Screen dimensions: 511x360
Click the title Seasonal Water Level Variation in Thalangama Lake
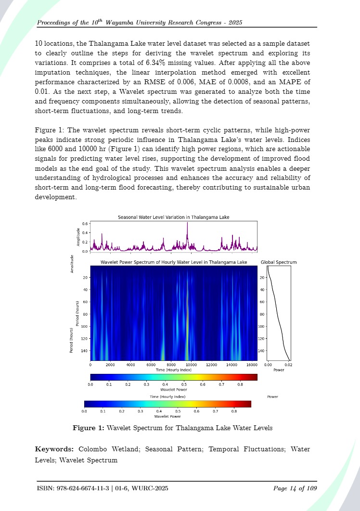click(x=173, y=217)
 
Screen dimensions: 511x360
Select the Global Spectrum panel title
click(x=279, y=262)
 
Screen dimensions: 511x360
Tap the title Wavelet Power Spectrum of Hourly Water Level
click(x=173, y=262)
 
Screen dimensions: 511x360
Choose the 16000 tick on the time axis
click(x=252, y=364)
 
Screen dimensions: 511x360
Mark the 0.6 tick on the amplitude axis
click(x=85, y=224)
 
